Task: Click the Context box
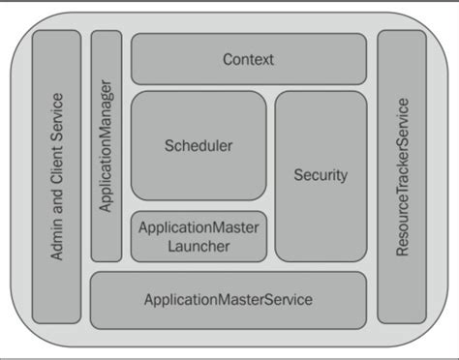[x=248, y=59]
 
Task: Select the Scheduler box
[x=199, y=146]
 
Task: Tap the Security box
[x=320, y=175]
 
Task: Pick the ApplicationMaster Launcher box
[x=199, y=237]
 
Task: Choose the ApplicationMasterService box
[x=229, y=300]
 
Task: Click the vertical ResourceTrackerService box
[x=401, y=176]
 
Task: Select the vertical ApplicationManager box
[x=107, y=145]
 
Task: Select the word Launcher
[x=198, y=247]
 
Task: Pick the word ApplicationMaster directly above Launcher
[x=198, y=228]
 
